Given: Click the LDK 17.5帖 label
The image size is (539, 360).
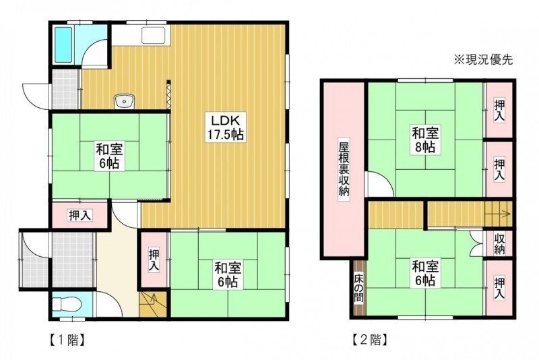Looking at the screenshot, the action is [x=225, y=127].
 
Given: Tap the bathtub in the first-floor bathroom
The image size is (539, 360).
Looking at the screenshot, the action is [x=63, y=45].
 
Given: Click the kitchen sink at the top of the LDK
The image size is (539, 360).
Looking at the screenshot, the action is [x=154, y=36].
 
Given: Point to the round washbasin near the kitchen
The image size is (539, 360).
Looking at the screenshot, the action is [x=125, y=101].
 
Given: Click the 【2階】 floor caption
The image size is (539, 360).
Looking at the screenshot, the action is [x=370, y=340].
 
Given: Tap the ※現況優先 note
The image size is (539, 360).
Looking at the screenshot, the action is [x=484, y=60].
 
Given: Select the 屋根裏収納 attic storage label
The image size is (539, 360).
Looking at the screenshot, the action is [x=344, y=169].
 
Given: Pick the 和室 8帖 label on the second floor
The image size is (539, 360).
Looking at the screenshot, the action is [x=425, y=140].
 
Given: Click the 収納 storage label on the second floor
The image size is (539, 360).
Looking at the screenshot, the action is [x=499, y=244].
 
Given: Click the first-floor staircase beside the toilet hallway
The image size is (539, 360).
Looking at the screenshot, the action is [x=153, y=305].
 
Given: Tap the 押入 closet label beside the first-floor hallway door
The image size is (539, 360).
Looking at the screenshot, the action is [x=80, y=216].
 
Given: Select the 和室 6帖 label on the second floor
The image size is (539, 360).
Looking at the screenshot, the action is [x=425, y=274].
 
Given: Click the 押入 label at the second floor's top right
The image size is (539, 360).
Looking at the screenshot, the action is [x=499, y=110].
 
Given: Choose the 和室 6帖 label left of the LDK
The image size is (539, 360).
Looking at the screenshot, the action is [x=110, y=156].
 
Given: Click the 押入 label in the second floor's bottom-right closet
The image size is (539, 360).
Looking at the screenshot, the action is [x=499, y=289].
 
